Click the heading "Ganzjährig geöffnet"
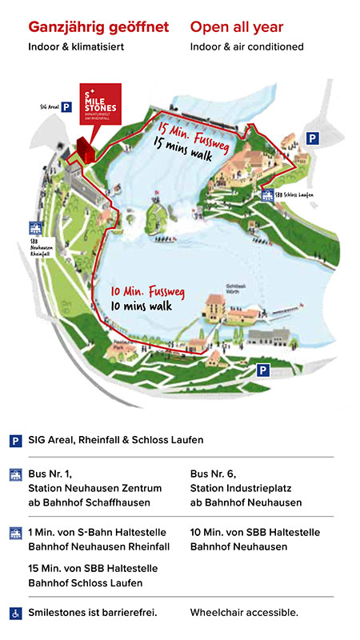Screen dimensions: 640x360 98,27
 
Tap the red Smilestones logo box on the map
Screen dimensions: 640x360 100,102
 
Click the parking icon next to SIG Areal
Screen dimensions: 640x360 67,105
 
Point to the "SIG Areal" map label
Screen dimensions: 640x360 49,105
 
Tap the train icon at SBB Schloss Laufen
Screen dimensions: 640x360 266,194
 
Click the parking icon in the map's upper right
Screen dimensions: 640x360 314,138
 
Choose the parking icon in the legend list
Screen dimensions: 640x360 14,440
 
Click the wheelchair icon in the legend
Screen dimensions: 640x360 14,613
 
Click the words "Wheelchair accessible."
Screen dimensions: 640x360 244,613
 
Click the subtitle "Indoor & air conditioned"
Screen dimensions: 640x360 246,46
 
